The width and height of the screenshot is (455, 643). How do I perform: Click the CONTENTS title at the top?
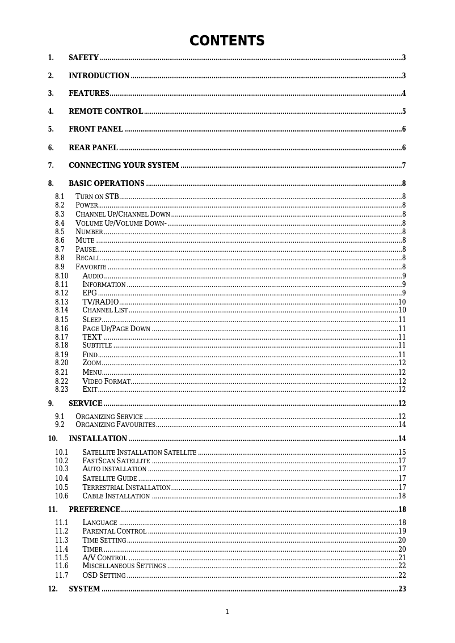[x=227, y=41]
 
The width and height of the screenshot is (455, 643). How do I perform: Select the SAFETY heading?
[x=83, y=58]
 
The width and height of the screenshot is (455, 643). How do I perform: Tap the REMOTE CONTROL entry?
[x=106, y=112]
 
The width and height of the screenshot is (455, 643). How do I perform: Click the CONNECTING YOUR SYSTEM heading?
[x=124, y=166]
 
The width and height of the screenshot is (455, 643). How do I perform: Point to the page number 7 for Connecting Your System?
[x=403, y=166]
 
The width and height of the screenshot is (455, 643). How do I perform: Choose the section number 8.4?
[x=60, y=223]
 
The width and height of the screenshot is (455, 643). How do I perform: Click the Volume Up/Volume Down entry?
[x=121, y=223]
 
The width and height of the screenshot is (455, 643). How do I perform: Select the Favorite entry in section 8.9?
[x=91, y=266]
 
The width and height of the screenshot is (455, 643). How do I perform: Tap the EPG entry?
[x=90, y=293]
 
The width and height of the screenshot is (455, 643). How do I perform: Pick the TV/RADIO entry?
[x=100, y=302]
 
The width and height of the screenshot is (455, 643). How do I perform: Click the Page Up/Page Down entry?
[x=116, y=328]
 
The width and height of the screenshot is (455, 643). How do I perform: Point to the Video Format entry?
[x=106, y=381]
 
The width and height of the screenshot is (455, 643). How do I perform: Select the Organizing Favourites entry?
[x=115, y=425]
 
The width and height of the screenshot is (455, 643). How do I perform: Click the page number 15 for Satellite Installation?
[x=402, y=452]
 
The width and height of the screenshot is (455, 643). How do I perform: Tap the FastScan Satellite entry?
[x=116, y=460]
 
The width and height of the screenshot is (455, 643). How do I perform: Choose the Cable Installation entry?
[x=116, y=496]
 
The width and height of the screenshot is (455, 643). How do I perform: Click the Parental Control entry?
[x=114, y=531]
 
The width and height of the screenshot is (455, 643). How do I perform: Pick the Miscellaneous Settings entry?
[x=124, y=566]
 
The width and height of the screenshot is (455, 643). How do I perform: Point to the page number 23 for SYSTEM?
[x=402, y=589]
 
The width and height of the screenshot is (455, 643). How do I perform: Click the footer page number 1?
[x=227, y=611]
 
